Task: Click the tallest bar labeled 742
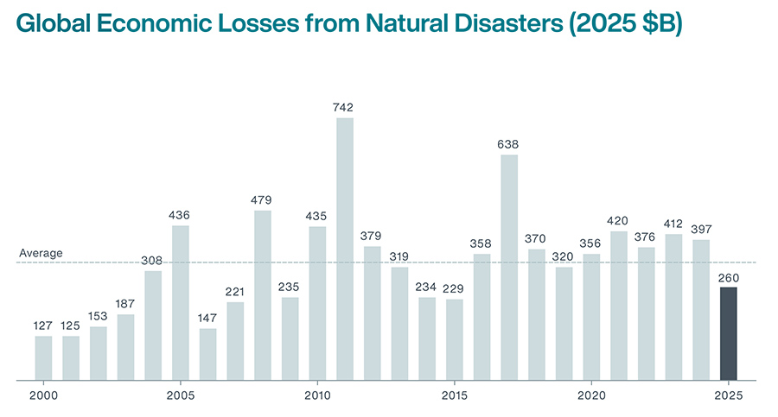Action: [x=344, y=249]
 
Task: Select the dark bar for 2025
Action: [x=729, y=333]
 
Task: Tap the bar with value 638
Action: [x=509, y=267]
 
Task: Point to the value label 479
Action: [x=262, y=200]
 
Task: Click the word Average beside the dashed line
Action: [x=41, y=253]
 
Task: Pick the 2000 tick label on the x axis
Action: [x=43, y=395]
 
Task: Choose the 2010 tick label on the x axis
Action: [x=317, y=395]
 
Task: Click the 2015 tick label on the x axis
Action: [x=455, y=395]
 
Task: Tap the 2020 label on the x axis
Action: [x=591, y=395]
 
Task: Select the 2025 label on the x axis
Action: [x=729, y=395]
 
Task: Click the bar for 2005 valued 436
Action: [x=180, y=302]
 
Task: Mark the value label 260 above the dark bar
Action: [x=729, y=277]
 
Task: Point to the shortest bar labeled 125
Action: [x=71, y=357]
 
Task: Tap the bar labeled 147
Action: [x=207, y=354]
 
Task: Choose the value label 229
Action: [x=455, y=289]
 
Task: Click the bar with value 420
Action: [x=619, y=306]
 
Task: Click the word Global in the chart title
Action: [x=54, y=25]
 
